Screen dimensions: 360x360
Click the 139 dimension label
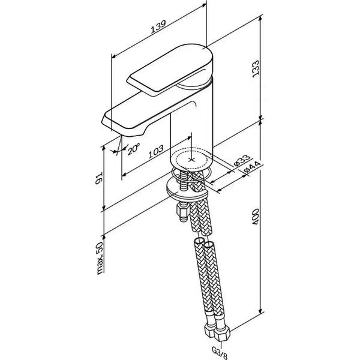(158, 27)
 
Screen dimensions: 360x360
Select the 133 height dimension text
(256, 68)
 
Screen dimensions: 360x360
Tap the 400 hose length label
(256, 217)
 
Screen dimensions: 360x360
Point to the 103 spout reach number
(156, 152)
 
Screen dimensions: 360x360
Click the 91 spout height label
(99, 179)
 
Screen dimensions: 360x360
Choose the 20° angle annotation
(133, 149)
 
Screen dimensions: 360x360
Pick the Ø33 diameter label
(242, 160)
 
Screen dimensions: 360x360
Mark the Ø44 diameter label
(252, 167)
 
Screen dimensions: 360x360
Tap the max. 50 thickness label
(100, 258)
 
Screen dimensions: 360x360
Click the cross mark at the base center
(191, 160)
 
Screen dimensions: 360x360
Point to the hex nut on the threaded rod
(181, 210)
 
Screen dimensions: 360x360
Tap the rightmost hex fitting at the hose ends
(221, 334)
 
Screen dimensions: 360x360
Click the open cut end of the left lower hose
(199, 242)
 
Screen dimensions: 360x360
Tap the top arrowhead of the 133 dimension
(260, 18)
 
